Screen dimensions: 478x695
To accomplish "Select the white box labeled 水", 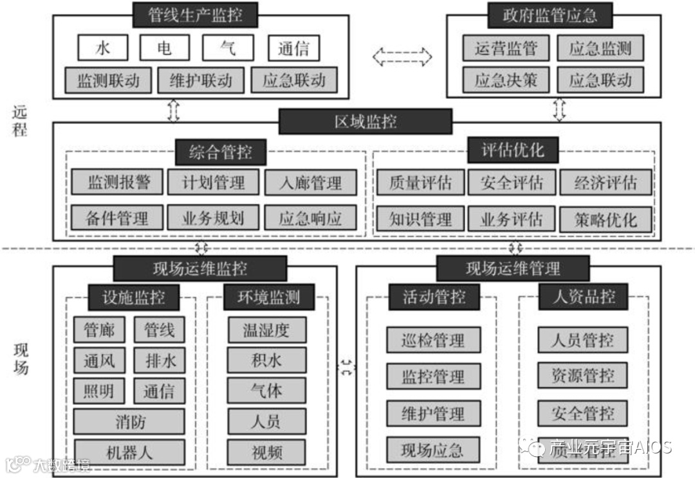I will point(103,49).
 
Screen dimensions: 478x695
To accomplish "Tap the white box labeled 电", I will point(165,49).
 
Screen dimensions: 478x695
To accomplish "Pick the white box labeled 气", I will point(228,49).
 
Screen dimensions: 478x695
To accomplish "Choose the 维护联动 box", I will point(201,81).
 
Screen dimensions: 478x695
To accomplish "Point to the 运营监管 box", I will point(505,49).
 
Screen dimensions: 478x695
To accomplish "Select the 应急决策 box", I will point(505,81).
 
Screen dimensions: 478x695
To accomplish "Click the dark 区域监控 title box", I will point(365,121).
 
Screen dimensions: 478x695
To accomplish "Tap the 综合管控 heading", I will point(220,153).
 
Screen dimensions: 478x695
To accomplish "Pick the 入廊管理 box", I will point(311,183).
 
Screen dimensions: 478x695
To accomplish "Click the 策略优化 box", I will point(606,220).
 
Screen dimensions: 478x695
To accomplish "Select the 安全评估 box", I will point(512,183).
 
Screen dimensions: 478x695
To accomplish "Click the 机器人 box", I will point(129,452).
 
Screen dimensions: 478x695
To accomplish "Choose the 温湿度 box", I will point(266,330).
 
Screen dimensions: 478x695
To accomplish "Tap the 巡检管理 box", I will point(433,340).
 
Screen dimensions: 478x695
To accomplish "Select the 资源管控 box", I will point(583,375).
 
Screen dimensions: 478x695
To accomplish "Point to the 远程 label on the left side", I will point(20,120).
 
